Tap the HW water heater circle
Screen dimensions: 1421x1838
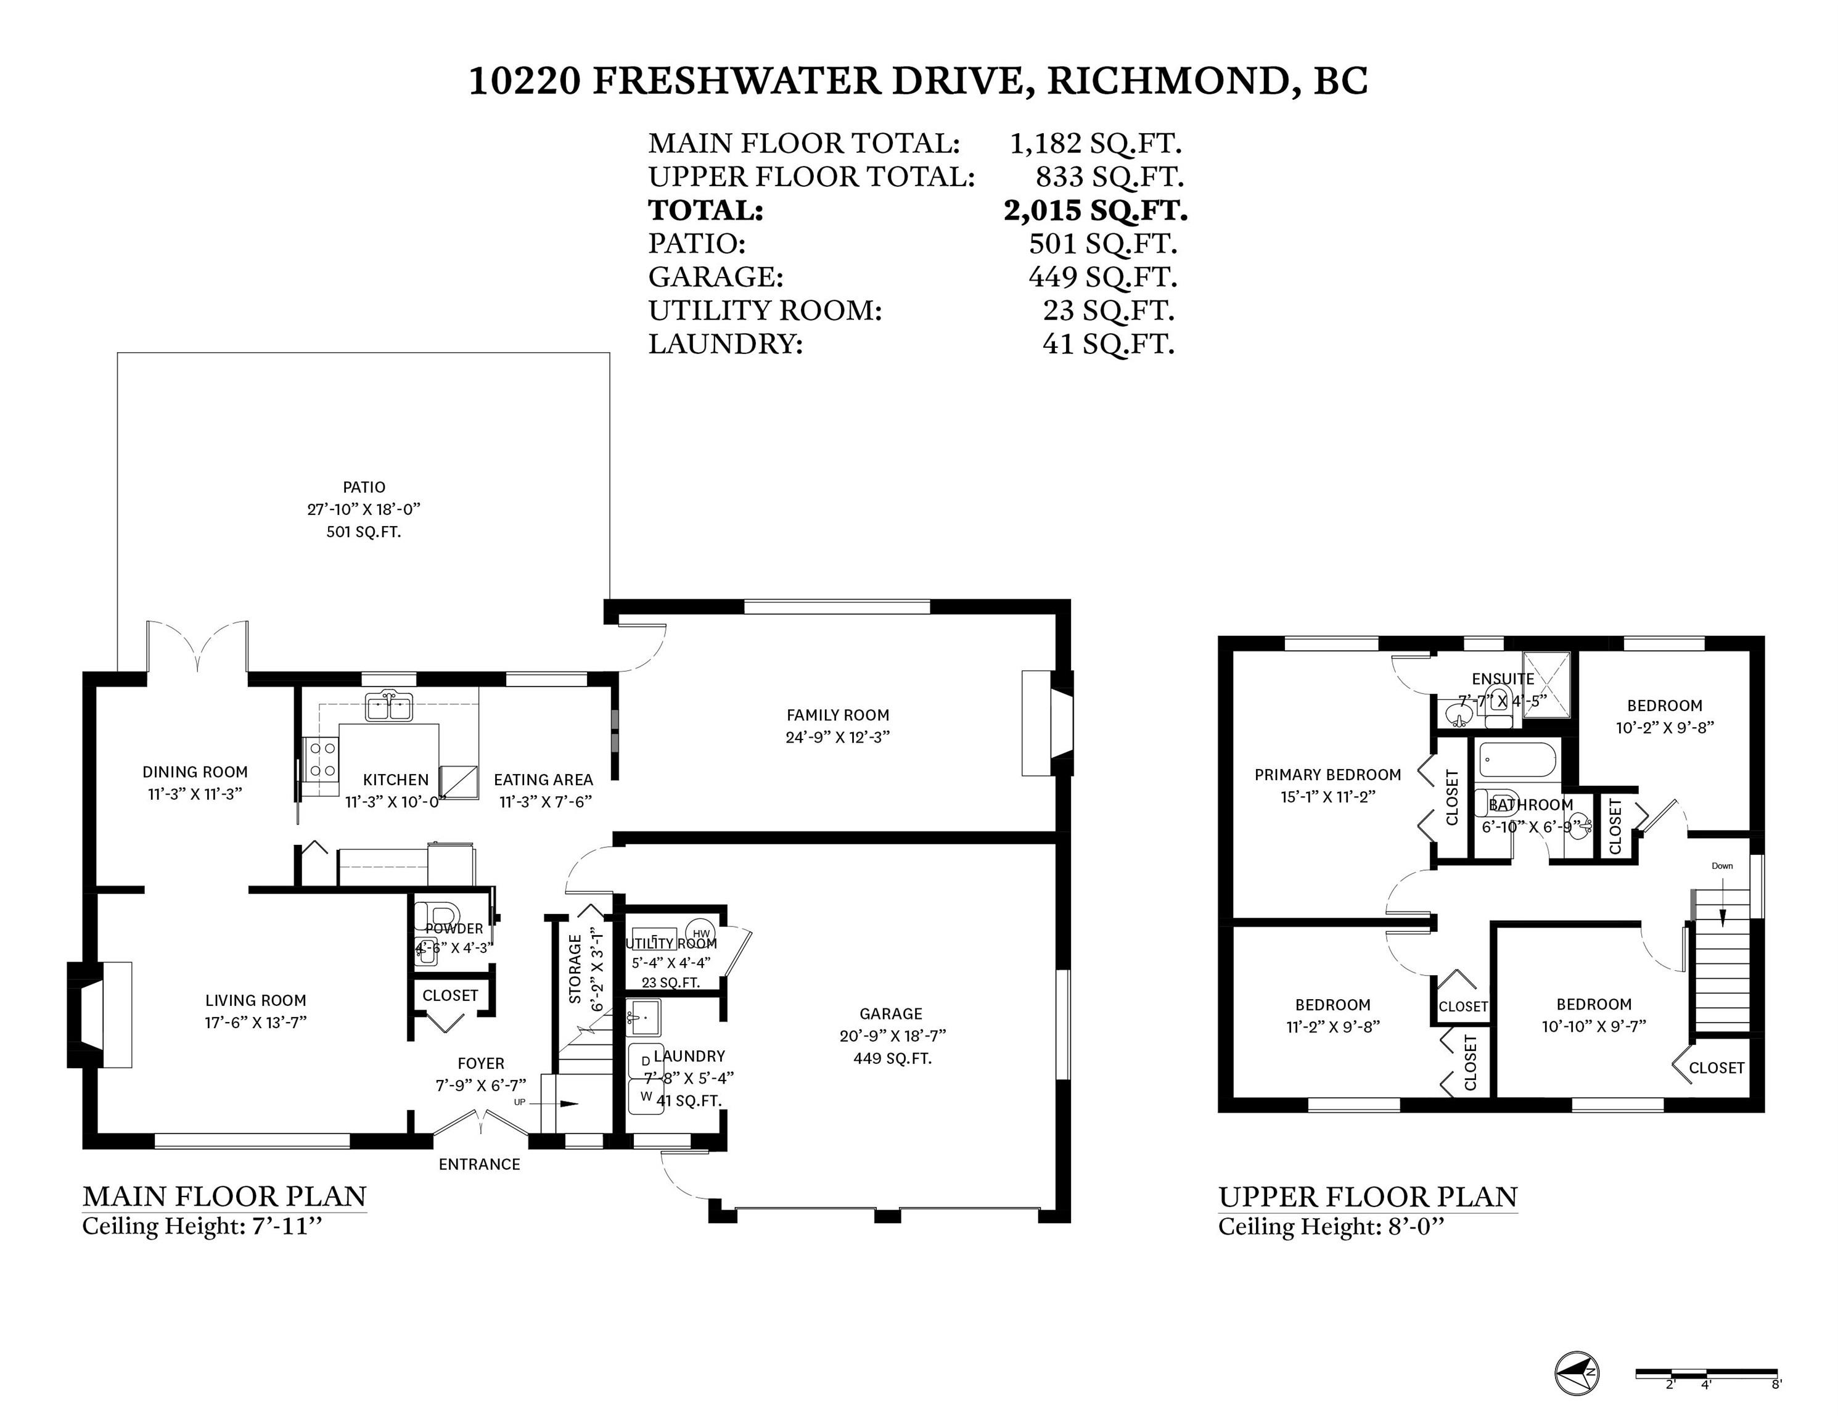click(701, 933)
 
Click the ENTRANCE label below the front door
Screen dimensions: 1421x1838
click(479, 1164)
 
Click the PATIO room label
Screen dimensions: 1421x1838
click(364, 487)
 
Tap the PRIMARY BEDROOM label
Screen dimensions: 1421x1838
click(1327, 775)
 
